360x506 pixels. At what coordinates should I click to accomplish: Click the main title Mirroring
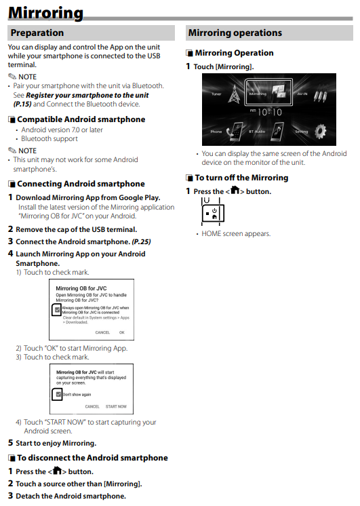tap(45, 13)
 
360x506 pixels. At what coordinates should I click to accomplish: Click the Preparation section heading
tap(37, 33)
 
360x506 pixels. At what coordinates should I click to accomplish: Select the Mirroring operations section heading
tap(235, 33)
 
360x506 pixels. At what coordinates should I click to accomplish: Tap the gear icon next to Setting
tap(320, 132)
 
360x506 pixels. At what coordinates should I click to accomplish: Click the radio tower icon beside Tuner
tap(234, 94)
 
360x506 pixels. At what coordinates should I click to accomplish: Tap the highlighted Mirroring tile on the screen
tap(268, 92)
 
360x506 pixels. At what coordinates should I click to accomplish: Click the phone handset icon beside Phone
tap(235, 132)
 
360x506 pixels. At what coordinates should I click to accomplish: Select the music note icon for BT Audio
tap(277, 132)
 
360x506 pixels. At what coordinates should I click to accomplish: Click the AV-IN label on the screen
tap(302, 94)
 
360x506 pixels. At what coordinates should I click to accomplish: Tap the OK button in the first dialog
tap(121, 332)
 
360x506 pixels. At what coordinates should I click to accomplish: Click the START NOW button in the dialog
tap(116, 406)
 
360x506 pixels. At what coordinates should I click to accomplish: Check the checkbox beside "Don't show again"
tap(58, 394)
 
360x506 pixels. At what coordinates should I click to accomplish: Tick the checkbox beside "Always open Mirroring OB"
tap(57, 310)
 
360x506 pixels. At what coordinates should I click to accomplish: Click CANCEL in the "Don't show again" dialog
tap(92, 406)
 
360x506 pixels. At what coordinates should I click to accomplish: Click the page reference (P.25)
tap(141, 241)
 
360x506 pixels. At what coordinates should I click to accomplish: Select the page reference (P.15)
tap(22, 104)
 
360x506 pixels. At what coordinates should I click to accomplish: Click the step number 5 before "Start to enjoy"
tap(11, 443)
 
